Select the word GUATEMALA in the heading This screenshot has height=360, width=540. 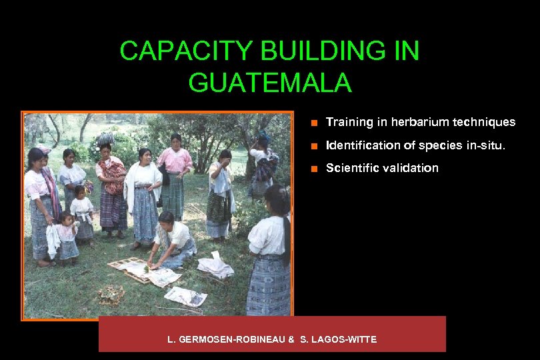269,83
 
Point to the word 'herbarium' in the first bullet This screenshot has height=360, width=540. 417,122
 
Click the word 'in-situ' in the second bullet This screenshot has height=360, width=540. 493,145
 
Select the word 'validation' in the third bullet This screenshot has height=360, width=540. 410,168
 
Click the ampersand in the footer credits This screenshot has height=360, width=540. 291,339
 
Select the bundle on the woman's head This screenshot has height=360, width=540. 105,138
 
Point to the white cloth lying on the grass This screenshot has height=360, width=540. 215,267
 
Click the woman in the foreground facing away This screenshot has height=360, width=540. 270,253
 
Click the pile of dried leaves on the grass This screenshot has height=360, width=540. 109,293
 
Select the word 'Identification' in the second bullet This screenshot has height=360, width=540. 354,145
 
